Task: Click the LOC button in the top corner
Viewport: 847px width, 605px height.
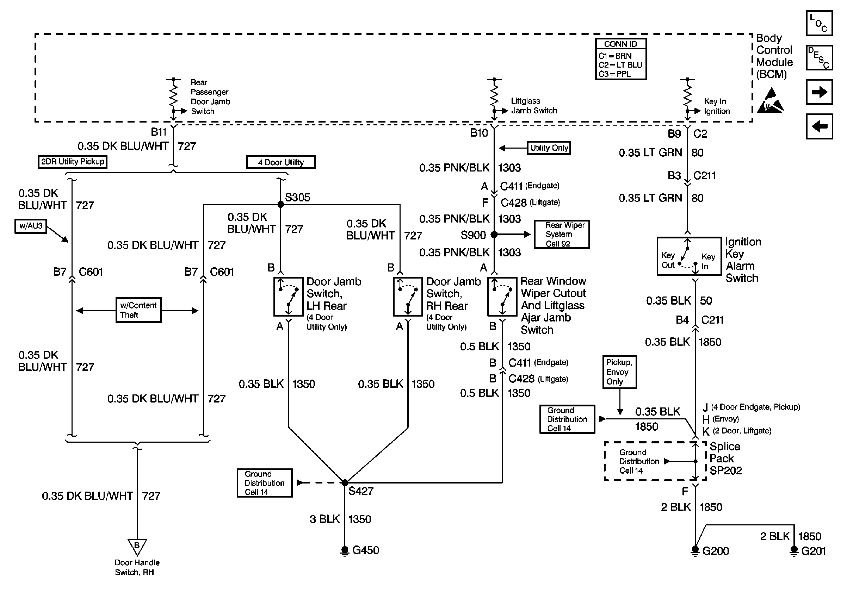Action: [x=819, y=24]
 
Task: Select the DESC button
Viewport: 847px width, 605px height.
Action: [x=819, y=58]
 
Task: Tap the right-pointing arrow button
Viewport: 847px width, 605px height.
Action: [x=819, y=92]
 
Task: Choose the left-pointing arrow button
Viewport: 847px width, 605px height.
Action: [x=819, y=126]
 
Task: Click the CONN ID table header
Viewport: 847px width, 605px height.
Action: [x=620, y=44]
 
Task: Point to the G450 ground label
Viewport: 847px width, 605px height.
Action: [x=366, y=550]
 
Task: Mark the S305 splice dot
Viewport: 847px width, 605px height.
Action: [x=280, y=204]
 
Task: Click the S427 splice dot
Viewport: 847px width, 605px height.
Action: [x=345, y=483]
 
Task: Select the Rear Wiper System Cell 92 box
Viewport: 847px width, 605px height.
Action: [x=562, y=234]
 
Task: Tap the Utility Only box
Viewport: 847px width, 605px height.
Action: [x=549, y=148]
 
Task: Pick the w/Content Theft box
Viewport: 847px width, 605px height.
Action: [x=138, y=310]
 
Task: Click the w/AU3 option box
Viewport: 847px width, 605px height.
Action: [x=31, y=226]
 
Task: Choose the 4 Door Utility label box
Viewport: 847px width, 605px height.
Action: [x=281, y=162]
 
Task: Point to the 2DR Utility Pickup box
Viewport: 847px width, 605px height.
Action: [x=73, y=162]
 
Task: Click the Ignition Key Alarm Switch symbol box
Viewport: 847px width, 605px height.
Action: [x=690, y=256]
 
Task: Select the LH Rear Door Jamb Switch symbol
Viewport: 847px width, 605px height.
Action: [x=289, y=297]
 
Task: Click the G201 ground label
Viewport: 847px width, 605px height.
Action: [x=814, y=551]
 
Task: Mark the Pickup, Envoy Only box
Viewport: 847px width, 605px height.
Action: [x=620, y=372]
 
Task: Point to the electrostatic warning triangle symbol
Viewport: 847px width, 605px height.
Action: [x=771, y=100]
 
